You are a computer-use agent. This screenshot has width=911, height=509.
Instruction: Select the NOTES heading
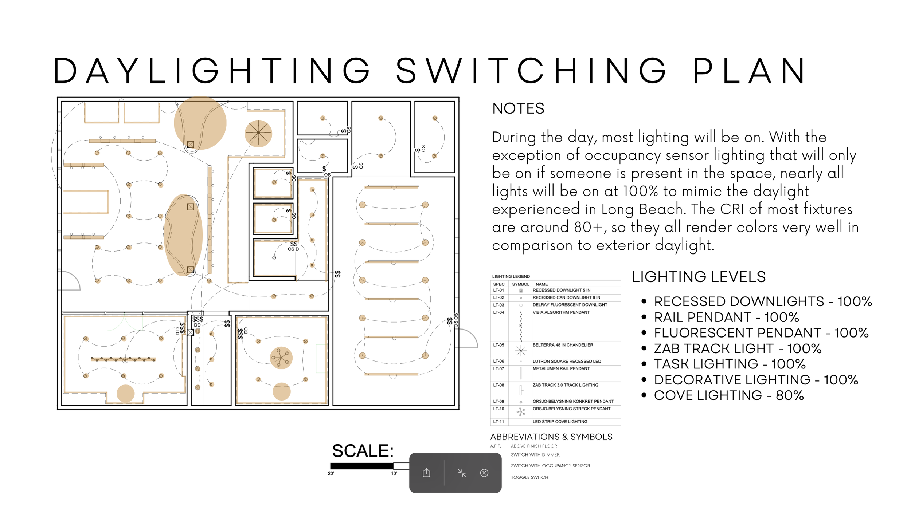(518, 108)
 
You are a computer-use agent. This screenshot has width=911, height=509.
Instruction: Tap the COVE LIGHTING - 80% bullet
(728, 395)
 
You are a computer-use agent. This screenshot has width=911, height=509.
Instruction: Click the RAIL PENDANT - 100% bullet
(726, 317)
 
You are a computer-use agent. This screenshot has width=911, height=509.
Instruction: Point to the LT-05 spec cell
(498, 345)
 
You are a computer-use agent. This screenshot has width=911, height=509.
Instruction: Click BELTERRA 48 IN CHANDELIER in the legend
(563, 345)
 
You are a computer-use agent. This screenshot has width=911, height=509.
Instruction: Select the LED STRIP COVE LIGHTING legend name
(560, 422)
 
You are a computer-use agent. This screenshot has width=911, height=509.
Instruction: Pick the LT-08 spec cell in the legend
(498, 385)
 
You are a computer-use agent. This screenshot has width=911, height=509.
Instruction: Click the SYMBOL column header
(520, 284)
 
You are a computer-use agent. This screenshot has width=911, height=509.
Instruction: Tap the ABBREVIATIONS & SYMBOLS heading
(551, 437)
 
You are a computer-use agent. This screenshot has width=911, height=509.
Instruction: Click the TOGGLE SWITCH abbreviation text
(529, 477)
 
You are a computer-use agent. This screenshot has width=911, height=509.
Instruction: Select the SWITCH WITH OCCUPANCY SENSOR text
(550, 466)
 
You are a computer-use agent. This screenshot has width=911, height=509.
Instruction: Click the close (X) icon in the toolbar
(484, 473)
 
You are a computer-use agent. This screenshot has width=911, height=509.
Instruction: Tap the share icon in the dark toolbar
(426, 473)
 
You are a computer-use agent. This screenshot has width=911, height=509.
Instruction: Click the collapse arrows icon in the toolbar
(462, 473)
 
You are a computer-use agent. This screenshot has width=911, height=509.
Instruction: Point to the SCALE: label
(363, 451)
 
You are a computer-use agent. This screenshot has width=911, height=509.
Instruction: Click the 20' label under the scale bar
(331, 474)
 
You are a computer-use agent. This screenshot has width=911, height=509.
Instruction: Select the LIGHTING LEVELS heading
(699, 277)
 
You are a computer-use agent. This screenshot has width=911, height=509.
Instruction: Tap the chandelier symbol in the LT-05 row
(521, 351)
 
